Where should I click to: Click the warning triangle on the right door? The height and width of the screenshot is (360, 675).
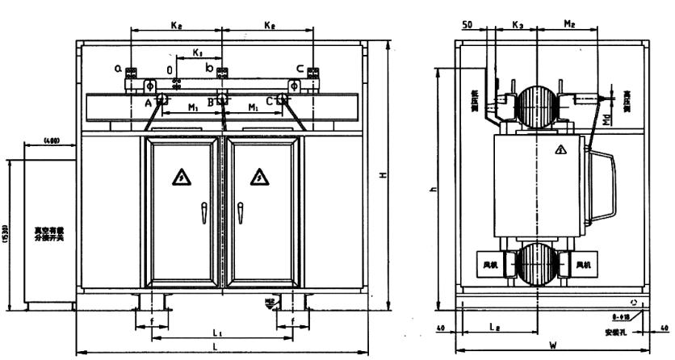click(259, 177)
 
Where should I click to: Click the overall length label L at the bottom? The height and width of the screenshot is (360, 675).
click(214, 345)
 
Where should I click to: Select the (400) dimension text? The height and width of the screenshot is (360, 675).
click(52, 143)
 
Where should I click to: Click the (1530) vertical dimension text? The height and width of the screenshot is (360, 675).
click(6, 237)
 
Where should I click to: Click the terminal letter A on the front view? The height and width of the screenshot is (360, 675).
click(149, 103)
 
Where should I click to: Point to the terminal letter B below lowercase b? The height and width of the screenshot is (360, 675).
click(211, 103)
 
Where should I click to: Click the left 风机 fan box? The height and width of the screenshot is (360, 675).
click(491, 264)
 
